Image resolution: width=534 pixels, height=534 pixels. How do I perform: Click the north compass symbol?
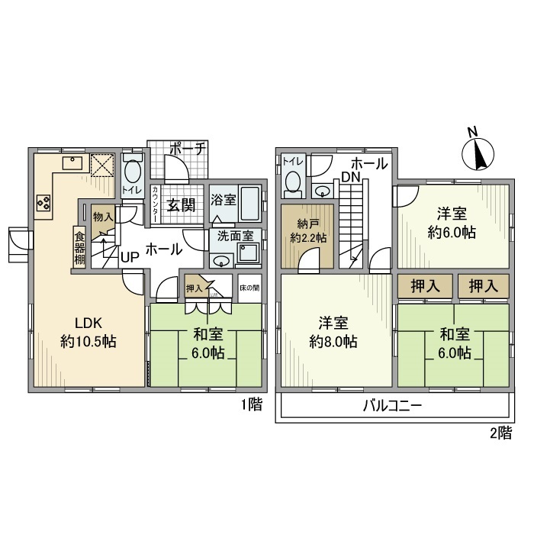(x=479, y=153)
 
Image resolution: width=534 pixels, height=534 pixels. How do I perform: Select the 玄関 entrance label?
(x=182, y=204)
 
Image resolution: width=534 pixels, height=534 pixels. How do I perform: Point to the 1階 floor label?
(x=252, y=404)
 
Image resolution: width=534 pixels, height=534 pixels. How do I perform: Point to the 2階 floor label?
(x=501, y=433)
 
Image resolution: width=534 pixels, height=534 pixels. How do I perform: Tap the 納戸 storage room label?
(x=306, y=224)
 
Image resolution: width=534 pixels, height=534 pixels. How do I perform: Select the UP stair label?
(x=129, y=257)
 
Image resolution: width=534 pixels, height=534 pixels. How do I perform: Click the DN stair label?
(x=351, y=177)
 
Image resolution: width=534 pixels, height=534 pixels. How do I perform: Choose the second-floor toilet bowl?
(x=293, y=180)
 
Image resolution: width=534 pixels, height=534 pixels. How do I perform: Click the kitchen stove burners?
(x=43, y=203)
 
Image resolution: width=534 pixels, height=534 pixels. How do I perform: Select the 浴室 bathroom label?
(x=224, y=198)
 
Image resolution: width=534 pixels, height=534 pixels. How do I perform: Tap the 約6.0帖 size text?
(x=452, y=233)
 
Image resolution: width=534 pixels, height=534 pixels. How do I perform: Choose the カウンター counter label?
(x=155, y=204)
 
